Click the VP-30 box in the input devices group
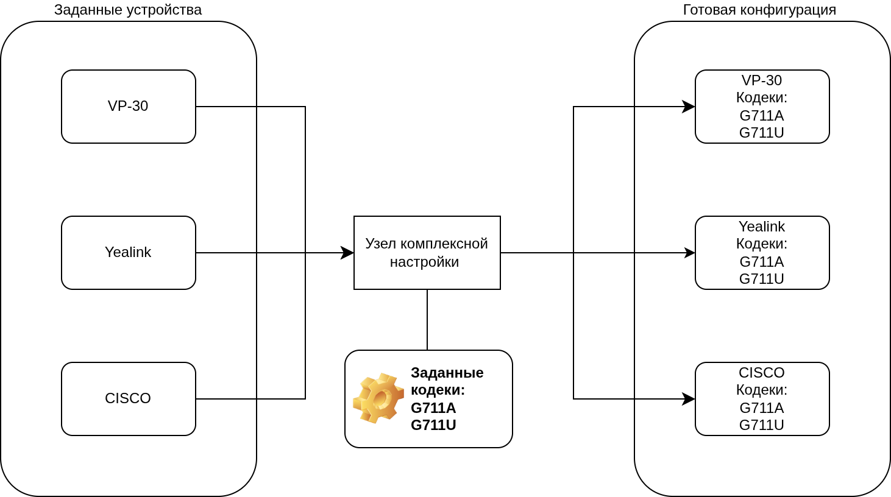128,107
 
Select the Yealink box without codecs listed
128,253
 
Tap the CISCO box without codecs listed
128,399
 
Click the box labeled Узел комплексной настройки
427,253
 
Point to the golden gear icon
378,398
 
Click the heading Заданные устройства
128,10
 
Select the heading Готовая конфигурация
759,10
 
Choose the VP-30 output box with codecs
762,107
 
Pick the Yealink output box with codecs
762,253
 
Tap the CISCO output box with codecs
762,399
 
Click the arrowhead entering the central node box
348,253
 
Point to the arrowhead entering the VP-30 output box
689,107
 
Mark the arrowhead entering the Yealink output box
690,253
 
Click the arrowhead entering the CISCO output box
689,399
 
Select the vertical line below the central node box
427,320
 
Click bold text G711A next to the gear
433,408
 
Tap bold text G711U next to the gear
433,425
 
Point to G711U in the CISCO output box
762,425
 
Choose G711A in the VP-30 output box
762,116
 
